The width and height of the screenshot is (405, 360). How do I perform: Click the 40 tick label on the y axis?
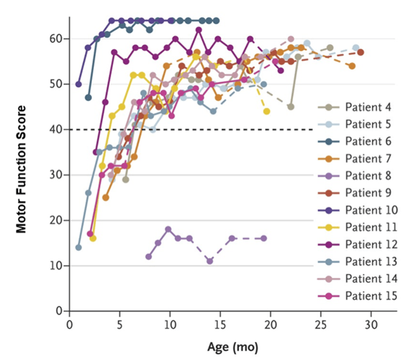pos(56,129)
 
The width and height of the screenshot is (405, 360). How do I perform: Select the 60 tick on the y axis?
pos(56,38)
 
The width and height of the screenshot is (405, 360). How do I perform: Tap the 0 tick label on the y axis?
pos(58,310)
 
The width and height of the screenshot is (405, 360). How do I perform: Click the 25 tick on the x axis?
pos(321,325)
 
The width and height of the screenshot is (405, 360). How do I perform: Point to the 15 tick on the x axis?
pos(220,325)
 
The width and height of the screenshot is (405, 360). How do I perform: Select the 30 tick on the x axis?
pos(371,325)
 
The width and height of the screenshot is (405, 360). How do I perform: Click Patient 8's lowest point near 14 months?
pos(210,261)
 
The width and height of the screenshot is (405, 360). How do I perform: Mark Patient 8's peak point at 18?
pos(168,229)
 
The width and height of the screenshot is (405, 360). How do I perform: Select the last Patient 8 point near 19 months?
pos(264,238)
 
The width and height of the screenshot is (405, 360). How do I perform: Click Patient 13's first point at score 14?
pos(78,247)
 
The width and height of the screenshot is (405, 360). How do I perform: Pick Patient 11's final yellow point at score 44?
pos(266,111)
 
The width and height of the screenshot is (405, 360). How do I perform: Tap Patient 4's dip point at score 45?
pos(290,107)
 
